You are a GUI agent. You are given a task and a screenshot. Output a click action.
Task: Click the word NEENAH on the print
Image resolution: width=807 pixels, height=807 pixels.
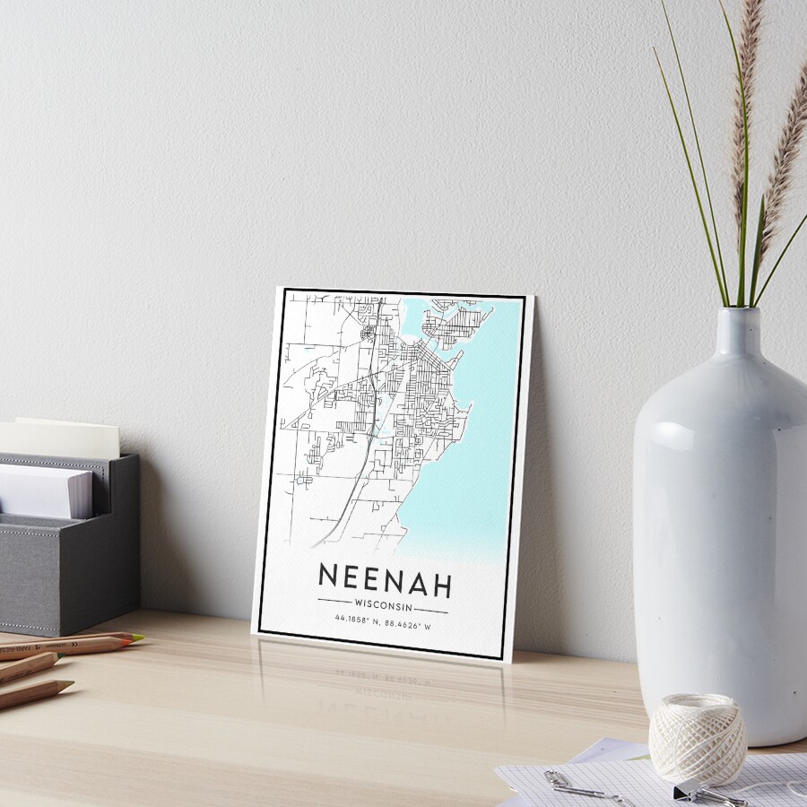(x=384, y=580)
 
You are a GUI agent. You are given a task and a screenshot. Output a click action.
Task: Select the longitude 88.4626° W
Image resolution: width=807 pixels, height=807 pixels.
(x=407, y=624)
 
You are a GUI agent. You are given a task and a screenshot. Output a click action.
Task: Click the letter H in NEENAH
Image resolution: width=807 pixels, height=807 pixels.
(x=439, y=584)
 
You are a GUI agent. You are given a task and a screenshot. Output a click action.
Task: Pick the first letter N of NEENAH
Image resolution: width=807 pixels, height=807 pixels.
(x=329, y=577)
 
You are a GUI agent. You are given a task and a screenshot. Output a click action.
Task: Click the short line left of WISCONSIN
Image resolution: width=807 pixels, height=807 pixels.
(x=334, y=599)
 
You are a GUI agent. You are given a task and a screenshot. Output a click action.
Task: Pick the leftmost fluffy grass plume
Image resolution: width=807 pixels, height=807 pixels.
(x=743, y=108)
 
